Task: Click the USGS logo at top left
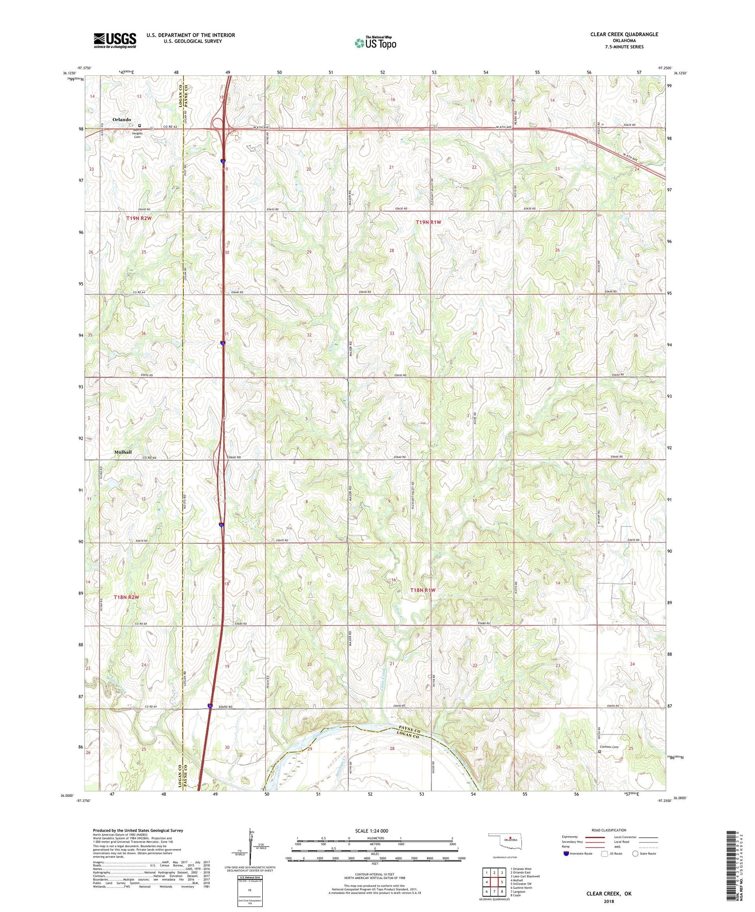[115, 40]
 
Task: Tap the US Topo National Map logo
[375, 43]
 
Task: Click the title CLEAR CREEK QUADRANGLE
[624, 34]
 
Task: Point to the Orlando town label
[122, 120]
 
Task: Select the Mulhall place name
[122, 452]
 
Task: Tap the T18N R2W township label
[126, 597]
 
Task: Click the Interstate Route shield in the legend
[566, 854]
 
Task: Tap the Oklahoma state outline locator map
[508, 840]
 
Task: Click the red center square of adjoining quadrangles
[494, 882]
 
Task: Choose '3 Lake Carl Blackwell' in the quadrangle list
[524, 876]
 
